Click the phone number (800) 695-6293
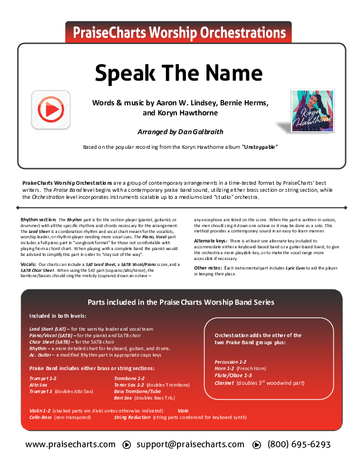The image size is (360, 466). tap(299, 444)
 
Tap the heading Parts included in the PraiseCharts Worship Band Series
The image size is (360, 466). tap(180, 302)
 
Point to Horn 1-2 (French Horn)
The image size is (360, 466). tap(243, 368)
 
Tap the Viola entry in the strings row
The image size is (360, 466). tap(183, 410)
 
